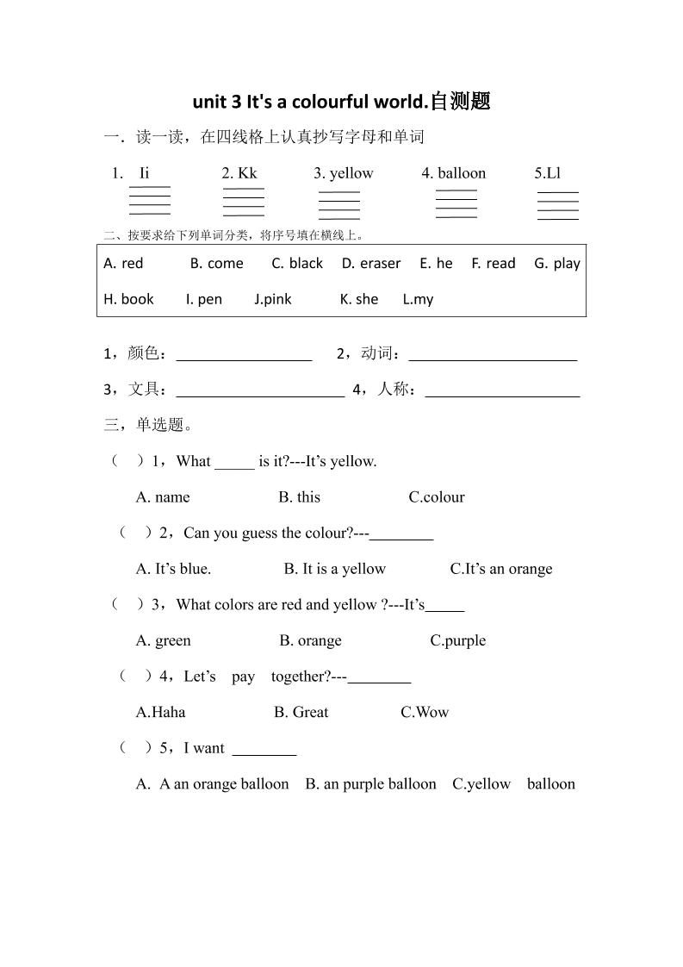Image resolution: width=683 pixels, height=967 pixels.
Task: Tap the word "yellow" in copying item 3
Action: (351, 173)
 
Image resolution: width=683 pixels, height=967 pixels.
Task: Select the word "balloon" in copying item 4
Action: (462, 173)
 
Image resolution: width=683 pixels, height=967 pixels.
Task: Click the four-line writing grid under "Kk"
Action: (243, 202)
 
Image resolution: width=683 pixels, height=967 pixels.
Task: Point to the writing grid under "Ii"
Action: (149, 200)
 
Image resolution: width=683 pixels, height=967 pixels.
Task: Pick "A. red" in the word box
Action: (123, 264)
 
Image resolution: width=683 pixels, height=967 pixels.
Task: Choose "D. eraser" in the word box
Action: (370, 264)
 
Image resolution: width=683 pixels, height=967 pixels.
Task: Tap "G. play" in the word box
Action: (556, 264)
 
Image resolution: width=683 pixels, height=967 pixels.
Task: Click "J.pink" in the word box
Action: (272, 299)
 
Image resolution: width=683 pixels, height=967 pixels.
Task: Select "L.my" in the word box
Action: (418, 299)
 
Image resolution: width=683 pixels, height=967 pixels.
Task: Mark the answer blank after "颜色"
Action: (244, 355)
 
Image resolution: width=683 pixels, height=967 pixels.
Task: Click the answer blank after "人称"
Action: (502, 391)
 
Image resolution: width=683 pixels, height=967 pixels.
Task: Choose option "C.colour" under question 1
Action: (437, 497)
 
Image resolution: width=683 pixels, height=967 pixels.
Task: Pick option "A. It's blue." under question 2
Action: (173, 569)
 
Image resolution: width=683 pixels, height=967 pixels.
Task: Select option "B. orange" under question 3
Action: (310, 640)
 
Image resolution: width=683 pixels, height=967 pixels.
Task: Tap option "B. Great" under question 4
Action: (301, 712)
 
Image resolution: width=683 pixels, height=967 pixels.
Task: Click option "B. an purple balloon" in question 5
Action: (370, 784)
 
